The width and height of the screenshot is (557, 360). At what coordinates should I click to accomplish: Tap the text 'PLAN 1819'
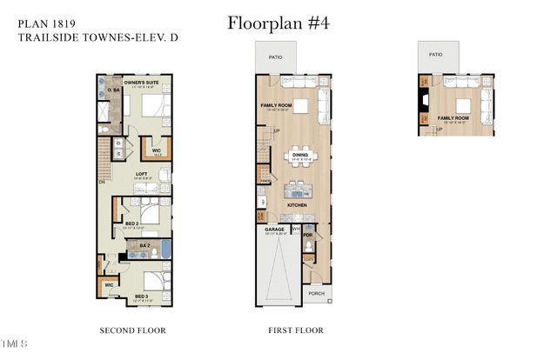[44, 23]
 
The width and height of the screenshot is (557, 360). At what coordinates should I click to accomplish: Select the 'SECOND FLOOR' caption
[132, 330]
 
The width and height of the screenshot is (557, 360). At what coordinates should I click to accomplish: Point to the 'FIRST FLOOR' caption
[296, 330]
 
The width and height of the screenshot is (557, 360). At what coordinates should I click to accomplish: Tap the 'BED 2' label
[131, 223]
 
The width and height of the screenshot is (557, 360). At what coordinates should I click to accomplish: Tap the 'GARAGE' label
[275, 230]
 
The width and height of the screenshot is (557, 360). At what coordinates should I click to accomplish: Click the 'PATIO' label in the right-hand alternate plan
[436, 54]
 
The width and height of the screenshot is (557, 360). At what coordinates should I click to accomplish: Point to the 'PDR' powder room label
[307, 235]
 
